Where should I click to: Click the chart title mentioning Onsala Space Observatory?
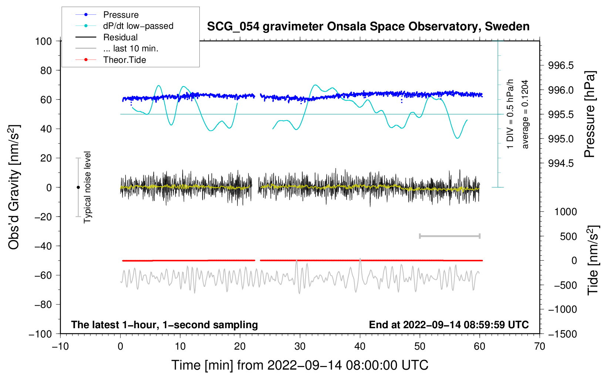click(368, 27)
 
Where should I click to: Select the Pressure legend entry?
click(121, 15)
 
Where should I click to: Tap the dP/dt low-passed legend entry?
click(138, 26)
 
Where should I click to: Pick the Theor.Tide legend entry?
click(124, 60)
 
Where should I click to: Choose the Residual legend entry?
click(120, 37)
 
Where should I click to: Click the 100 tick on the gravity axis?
click(43, 41)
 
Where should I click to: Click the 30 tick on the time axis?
click(300, 347)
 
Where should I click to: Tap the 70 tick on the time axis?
click(540, 347)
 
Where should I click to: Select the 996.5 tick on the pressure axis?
click(561, 66)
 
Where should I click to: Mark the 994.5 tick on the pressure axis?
click(561, 163)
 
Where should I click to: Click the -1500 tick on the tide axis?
click(562, 334)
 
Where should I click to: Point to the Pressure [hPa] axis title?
click(590, 115)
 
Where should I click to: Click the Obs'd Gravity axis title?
click(14, 187)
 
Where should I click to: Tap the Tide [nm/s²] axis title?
click(593, 260)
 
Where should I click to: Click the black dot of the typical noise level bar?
click(78, 187)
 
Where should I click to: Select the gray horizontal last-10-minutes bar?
click(449, 236)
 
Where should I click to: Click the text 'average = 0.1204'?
click(525, 115)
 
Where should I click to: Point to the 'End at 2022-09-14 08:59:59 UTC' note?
click(449, 325)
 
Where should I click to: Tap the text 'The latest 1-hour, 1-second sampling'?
click(164, 325)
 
